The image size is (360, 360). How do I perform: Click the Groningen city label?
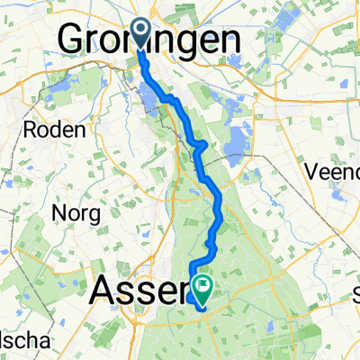[149, 40]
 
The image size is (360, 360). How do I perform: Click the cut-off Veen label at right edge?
[333, 171]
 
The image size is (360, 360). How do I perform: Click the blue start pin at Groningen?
[142, 34]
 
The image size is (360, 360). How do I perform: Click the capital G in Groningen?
[74, 40]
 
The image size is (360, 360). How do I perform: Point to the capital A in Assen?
[107, 291]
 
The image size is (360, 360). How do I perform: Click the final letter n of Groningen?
[230, 40]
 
